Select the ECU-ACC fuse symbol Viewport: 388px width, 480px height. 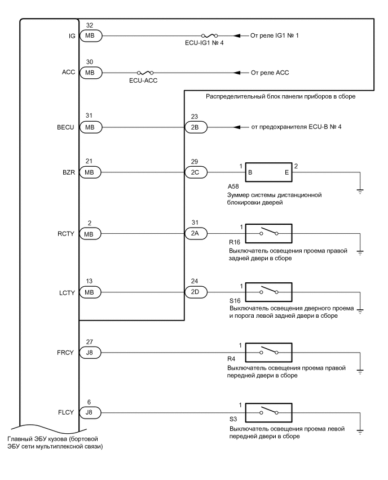(x=145, y=73)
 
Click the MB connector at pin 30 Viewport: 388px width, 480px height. (x=90, y=73)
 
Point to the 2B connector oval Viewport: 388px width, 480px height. (x=196, y=127)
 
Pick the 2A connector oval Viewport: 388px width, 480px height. (x=196, y=233)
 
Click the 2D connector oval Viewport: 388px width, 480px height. (x=196, y=293)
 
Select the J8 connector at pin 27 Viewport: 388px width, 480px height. (x=90, y=353)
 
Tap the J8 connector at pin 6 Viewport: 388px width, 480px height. (x=90, y=413)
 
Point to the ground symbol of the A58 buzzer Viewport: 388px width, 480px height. (x=360, y=190)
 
